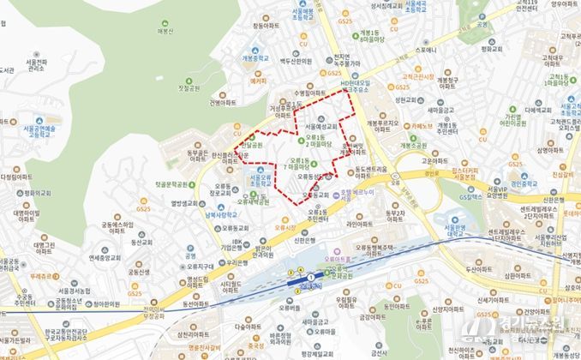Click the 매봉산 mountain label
click(x=165, y=33)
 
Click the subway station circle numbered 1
click(x=310, y=279)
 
